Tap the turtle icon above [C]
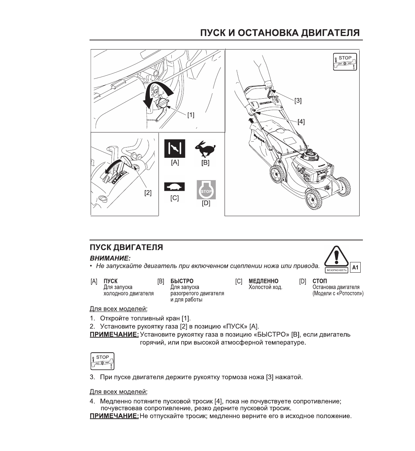(175, 187)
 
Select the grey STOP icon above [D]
(206, 190)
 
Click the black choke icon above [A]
(175, 149)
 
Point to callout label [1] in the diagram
(191, 115)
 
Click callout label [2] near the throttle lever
(148, 192)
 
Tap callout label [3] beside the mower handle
(298, 100)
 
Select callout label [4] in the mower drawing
(301, 121)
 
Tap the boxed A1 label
(355, 268)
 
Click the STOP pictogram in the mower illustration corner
(345, 62)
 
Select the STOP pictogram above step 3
(102, 361)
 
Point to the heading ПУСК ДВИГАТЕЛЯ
(127, 247)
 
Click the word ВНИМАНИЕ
(110, 259)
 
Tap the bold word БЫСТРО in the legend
(182, 281)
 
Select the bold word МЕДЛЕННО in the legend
(263, 281)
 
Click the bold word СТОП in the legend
(320, 281)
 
